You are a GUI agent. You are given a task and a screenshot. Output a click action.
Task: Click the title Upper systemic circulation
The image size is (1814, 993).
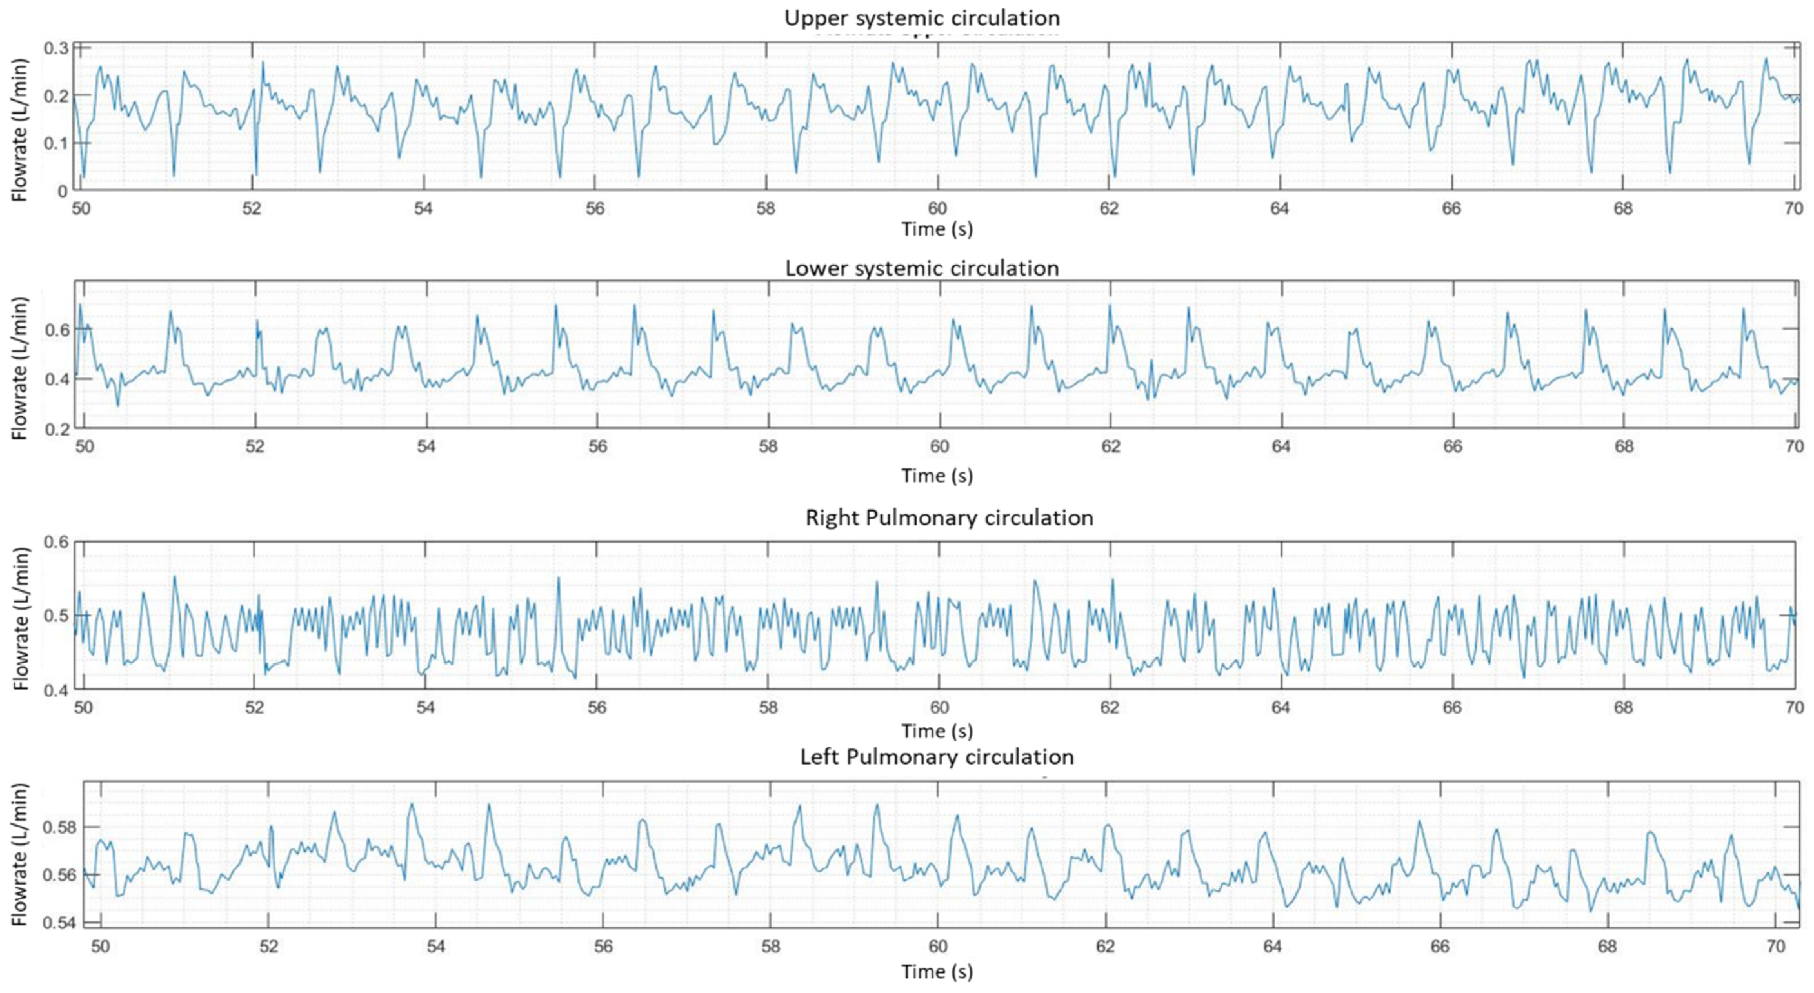(922, 17)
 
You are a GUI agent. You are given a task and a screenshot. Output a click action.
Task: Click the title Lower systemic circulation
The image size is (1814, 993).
(922, 268)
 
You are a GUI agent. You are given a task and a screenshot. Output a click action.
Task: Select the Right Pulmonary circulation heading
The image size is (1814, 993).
(948, 517)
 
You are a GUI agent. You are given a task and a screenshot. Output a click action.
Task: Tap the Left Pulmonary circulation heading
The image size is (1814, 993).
(937, 757)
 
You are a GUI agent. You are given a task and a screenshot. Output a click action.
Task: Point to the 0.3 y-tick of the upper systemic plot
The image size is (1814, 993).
(55, 48)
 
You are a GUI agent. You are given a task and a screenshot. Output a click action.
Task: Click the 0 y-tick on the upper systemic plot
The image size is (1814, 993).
(63, 191)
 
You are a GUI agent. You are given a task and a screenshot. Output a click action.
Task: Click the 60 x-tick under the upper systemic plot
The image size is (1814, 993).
(937, 208)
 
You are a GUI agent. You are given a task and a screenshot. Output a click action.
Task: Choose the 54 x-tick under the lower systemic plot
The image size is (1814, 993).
(426, 446)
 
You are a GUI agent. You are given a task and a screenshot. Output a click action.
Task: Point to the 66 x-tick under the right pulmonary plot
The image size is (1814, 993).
(1452, 707)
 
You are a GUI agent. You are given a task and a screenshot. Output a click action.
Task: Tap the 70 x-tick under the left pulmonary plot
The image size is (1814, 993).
(1776, 947)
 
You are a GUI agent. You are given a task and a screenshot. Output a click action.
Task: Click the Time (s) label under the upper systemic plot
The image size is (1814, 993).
(937, 229)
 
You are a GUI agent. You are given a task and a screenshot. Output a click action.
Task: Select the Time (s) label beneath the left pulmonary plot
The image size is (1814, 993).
(937, 972)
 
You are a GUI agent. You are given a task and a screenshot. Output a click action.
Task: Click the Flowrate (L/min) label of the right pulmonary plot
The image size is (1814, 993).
(21, 618)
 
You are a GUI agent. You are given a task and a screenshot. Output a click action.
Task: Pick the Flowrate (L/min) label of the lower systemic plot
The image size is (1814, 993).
(21, 368)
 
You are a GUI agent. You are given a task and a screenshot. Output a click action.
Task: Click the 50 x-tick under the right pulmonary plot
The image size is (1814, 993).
(83, 707)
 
